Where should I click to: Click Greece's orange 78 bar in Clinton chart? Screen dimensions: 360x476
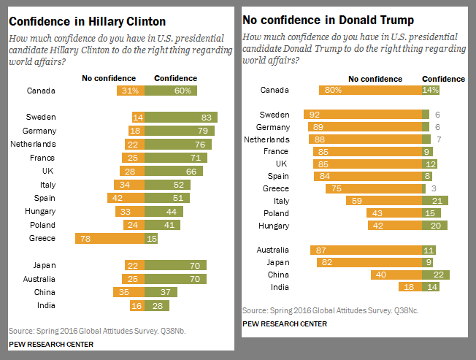point(110,238)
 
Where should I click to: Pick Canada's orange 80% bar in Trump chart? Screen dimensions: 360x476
point(369,90)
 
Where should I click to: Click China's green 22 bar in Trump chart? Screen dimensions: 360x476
point(434,275)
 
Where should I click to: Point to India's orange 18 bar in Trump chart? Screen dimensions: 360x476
point(409,287)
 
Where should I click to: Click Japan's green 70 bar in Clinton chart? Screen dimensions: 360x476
point(175,265)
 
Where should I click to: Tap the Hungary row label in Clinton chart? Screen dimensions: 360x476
point(41,211)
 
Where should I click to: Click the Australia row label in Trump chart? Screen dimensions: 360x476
point(272,250)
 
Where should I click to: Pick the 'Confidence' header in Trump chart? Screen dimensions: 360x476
point(443,79)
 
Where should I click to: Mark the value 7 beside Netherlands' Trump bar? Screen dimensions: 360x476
point(436,139)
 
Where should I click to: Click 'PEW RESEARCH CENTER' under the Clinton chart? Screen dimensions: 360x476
point(50,343)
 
